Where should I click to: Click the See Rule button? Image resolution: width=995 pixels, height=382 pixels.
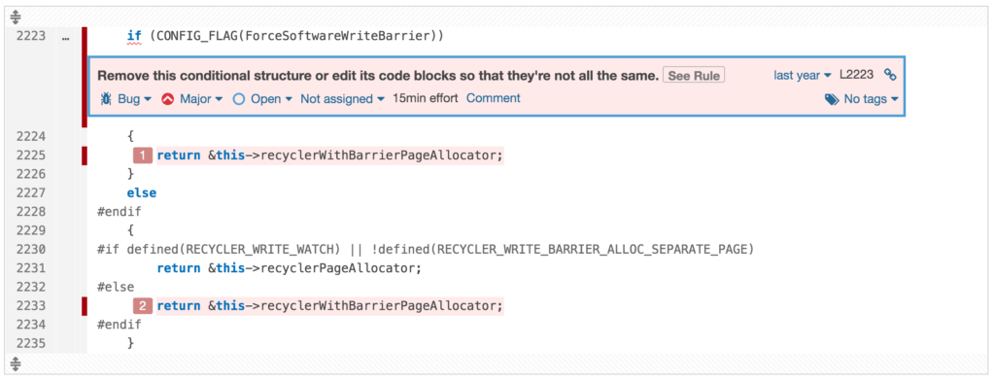(694, 76)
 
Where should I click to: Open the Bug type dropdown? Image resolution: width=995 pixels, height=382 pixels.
(126, 98)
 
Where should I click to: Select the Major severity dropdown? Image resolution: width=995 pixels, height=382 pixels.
(192, 98)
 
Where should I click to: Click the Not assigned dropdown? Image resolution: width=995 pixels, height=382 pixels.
(342, 98)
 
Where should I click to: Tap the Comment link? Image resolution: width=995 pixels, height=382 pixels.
(493, 98)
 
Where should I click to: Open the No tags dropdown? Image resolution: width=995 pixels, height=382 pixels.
(862, 99)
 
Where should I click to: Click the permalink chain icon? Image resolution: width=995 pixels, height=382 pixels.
(889, 75)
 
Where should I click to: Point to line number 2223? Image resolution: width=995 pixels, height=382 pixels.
(31, 36)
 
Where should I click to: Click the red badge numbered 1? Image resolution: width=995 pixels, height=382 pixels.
(143, 156)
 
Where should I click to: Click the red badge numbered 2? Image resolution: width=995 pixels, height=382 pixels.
(143, 306)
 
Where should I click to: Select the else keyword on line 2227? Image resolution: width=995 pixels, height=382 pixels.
(141, 193)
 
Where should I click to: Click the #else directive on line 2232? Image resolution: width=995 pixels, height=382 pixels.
(117, 287)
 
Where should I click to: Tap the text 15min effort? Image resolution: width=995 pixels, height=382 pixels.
(426, 98)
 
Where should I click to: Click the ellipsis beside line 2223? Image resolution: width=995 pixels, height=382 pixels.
(65, 37)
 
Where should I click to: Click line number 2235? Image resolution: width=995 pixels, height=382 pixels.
(31, 343)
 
